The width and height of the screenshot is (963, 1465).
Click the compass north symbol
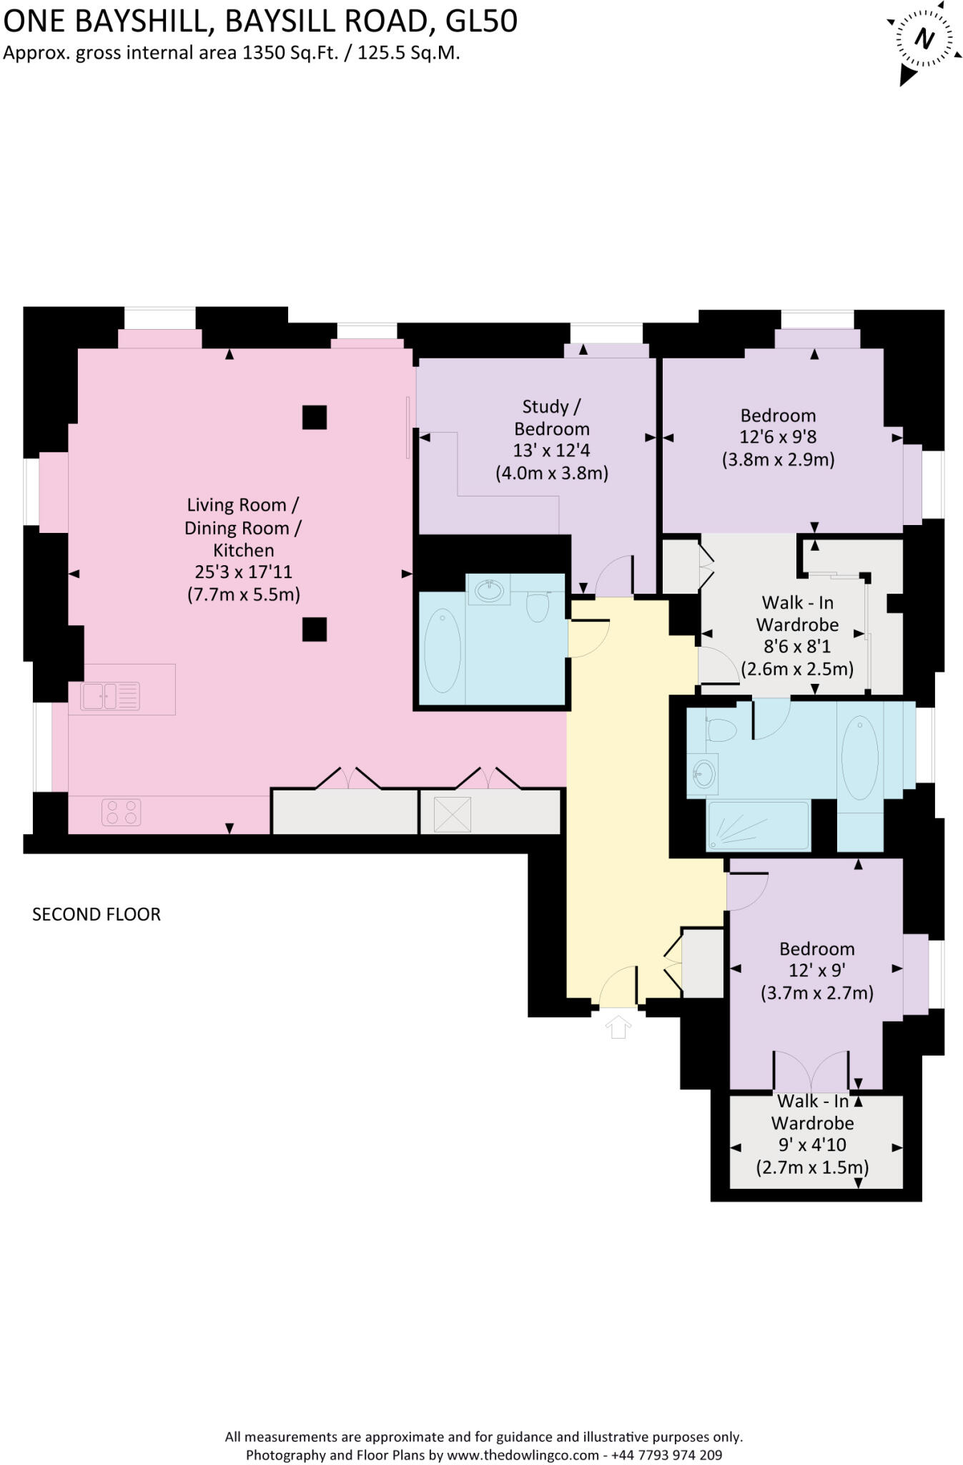tap(924, 39)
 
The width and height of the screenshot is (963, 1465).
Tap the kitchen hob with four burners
tap(122, 813)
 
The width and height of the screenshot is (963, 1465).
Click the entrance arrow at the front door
tap(618, 1027)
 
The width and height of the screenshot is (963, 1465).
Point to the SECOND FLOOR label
tap(97, 914)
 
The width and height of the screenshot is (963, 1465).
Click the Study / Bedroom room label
tap(552, 418)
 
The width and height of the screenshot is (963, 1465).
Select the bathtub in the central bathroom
tap(443, 650)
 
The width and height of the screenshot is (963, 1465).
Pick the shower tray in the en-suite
tap(759, 826)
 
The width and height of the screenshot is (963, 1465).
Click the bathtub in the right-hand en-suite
tap(860, 758)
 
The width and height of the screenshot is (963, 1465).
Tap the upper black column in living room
tap(315, 417)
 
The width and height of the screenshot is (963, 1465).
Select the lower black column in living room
tap(315, 629)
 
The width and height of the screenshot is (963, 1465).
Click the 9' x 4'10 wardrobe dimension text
tap(812, 1145)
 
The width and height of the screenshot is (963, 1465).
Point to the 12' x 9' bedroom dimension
tap(816, 971)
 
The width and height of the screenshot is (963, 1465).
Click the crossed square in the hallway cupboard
tap(453, 814)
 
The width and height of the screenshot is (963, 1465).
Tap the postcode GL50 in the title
tap(481, 21)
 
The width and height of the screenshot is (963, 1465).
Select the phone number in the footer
tap(666, 1455)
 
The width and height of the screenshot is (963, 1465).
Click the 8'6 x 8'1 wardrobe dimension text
tap(797, 647)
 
